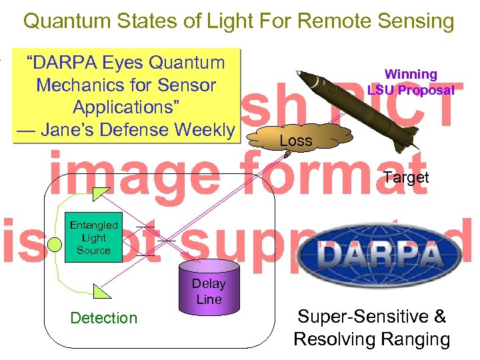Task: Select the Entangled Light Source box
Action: pos(93,238)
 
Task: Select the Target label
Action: pos(406,177)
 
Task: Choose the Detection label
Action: pos(103,318)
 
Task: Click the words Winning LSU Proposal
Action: pos(411,82)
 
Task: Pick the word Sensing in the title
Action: pos(413,21)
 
